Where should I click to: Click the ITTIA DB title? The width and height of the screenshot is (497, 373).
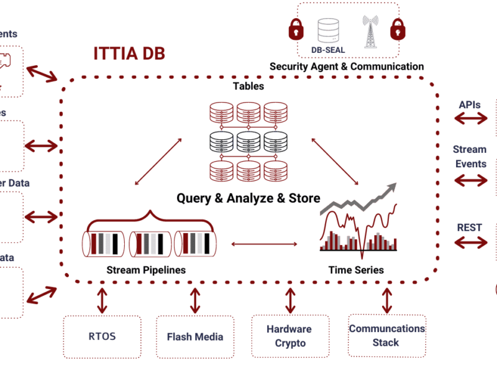click(129, 54)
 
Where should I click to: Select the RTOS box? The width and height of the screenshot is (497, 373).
click(101, 337)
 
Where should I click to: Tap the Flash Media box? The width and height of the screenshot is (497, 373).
click(195, 337)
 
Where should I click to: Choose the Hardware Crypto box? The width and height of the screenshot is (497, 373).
click(290, 336)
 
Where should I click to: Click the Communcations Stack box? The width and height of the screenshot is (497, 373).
click(386, 336)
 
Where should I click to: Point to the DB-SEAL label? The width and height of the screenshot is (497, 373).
click(328, 50)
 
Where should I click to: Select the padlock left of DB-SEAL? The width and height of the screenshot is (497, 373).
click(295, 29)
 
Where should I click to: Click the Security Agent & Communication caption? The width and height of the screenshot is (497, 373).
click(347, 67)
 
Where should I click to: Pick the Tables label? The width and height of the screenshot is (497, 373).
click(248, 86)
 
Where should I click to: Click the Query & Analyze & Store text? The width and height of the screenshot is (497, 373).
click(248, 198)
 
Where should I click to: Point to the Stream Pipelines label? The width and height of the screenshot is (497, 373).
click(146, 270)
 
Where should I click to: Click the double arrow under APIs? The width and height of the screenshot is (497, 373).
click(470, 118)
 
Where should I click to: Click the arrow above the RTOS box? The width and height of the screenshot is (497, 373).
click(101, 300)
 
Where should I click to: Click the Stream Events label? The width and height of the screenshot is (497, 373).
click(470, 157)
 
